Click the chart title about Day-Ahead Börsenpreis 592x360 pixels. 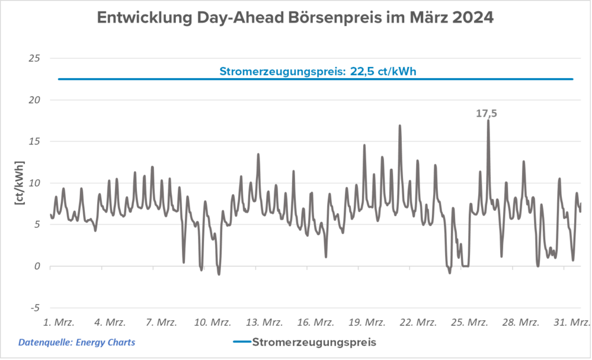(x=295, y=18)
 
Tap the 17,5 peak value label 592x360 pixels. (x=486, y=114)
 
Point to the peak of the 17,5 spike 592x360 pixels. (x=488, y=121)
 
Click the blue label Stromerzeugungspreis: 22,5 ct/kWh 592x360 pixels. (x=318, y=72)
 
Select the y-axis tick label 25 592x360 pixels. (x=35, y=58)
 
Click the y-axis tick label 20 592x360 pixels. (x=35, y=100)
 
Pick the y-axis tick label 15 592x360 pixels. (x=35, y=142)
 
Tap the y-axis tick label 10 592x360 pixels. (x=35, y=183)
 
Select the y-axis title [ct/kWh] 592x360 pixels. (x=20, y=183)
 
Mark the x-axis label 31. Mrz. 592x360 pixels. (x=573, y=322)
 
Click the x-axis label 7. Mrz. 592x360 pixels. (x=162, y=322)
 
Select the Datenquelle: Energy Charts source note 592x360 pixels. (x=77, y=343)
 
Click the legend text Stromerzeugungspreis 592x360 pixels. (x=315, y=342)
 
